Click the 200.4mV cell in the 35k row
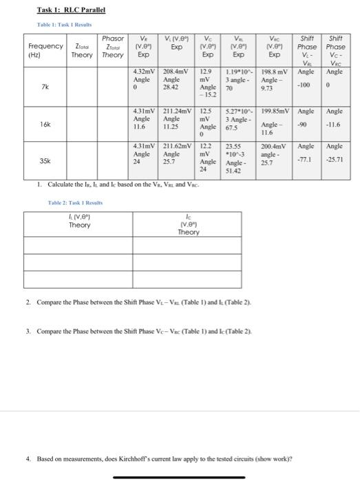[275, 147]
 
